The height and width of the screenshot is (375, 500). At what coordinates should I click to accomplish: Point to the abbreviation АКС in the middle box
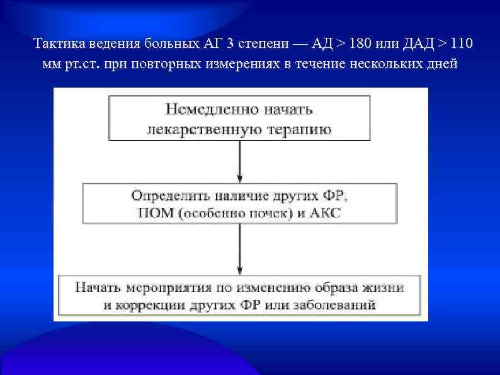pos(324,213)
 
